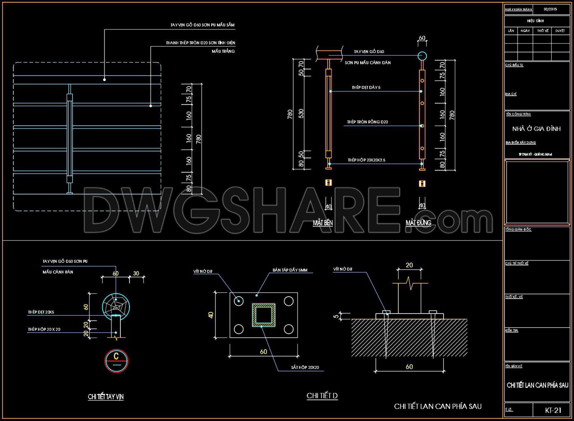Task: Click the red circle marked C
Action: (x=116, y=361)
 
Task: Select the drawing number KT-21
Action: (x=553, y=410)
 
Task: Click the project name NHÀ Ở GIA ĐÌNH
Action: (x=536, y=129)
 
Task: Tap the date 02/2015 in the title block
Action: (x=550, y=9)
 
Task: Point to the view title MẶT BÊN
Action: (x=323, y=223)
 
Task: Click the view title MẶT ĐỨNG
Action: (x=418, y=223)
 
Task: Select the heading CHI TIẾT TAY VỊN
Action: (x=105, y=397)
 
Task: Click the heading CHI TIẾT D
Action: (x=322, y=396)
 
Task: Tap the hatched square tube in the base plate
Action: (x=263, y=315)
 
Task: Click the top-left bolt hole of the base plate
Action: (x=238, y=301)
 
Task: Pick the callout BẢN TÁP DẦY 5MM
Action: (x=290, y=270)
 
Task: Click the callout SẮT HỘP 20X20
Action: (x=305, y=368)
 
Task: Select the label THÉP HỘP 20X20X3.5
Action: (x=366, y=160)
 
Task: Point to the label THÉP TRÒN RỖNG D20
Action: (x=367, y=122)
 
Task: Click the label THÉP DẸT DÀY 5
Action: (x=366, y=87)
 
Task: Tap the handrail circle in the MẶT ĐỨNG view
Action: (x=422, y=56)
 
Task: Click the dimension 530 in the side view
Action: (x=301, y=114)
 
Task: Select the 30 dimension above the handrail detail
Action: (x=136, y=273)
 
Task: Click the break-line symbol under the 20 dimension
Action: (x=410, y=283)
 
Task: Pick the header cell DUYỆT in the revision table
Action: (x=560, y=31)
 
